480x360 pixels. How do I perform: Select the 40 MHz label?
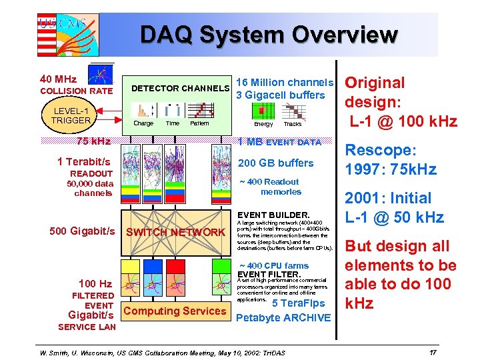59,79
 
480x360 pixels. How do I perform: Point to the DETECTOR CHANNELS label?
180,88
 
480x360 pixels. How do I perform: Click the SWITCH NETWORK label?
175,232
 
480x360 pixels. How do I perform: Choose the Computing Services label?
175,311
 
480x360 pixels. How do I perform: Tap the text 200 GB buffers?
276,163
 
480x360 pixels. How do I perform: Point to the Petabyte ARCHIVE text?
283,317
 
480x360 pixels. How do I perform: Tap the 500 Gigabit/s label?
83,231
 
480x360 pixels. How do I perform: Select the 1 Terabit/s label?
84,161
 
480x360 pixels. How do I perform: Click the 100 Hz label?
95,283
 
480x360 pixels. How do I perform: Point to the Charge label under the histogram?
143,123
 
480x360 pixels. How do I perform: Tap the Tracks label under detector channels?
293,124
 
